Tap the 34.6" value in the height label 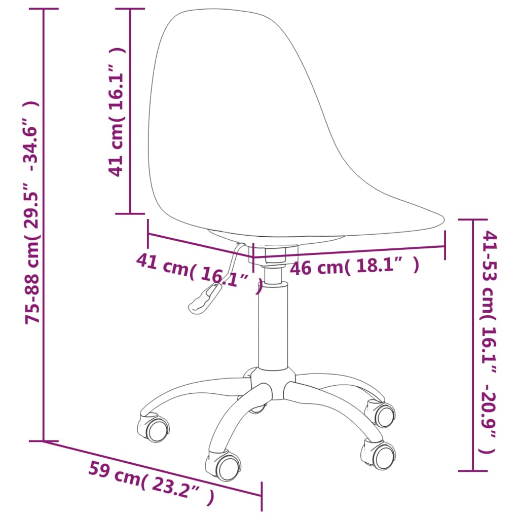tap(33, 136)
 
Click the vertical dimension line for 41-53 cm tap(472, 345)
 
